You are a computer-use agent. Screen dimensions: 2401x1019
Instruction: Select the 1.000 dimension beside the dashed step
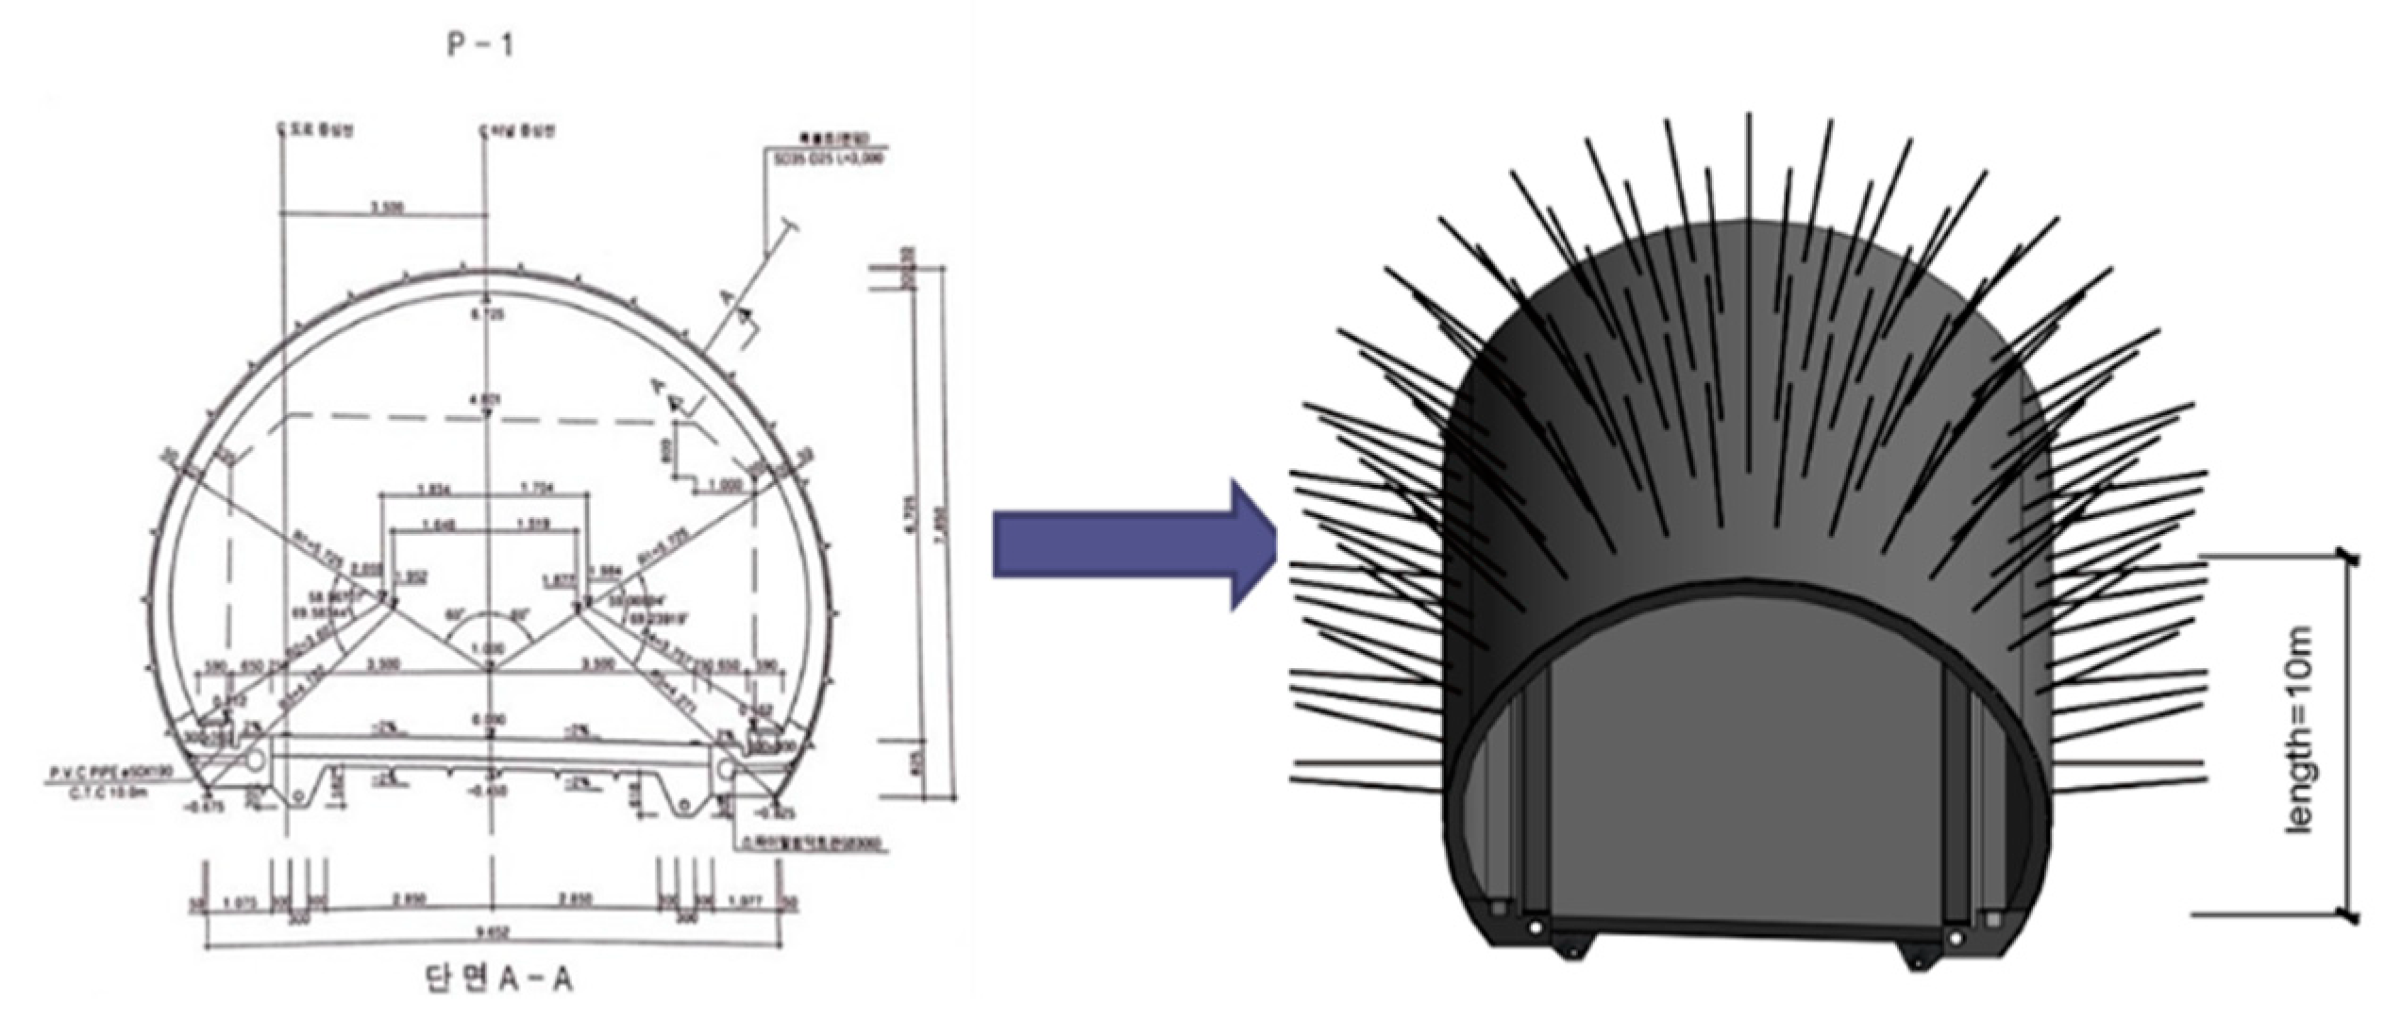tap(725, 485)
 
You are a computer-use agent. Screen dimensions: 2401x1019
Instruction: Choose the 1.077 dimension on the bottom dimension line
tap(745, 900)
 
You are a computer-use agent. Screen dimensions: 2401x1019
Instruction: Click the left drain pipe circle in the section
tap(255, 760)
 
